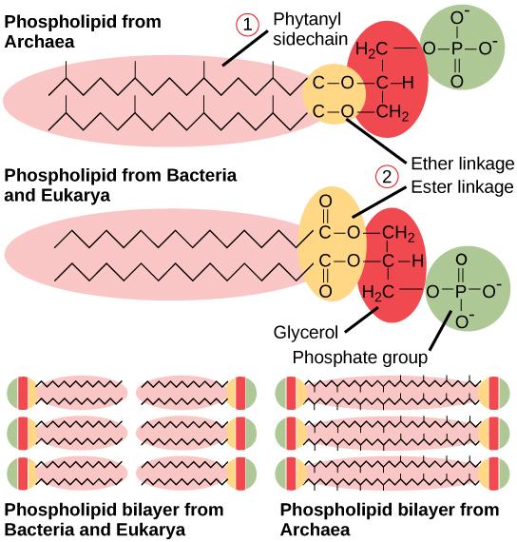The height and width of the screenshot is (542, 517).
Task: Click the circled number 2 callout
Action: coord(386,177)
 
